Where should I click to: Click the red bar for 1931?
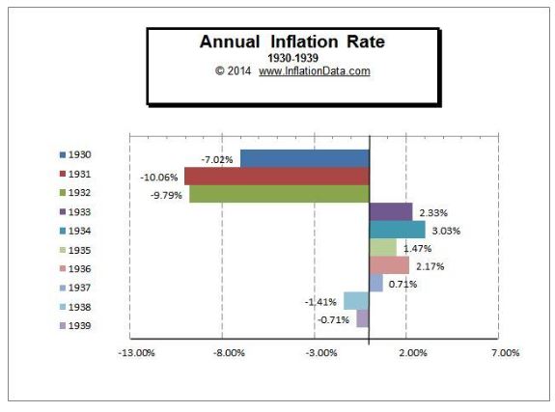pos(276,177)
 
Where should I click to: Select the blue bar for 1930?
pos(304,158)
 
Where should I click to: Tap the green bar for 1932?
pos(279,194)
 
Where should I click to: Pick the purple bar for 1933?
pos(391,211)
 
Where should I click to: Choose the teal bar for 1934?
pos(397,230)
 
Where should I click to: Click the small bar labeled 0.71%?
pos(376,283)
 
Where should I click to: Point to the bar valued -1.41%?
pos(356,300)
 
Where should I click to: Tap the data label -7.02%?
pos(216,159)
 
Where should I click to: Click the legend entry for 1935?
pos(78,249)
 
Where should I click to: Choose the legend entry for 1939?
pos(78,325)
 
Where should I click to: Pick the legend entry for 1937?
pos(78,287)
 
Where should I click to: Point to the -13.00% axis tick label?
pos(136,352)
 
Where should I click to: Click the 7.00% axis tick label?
pos(504,352)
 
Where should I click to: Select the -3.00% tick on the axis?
pos(320,352)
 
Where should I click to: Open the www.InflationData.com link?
pos(315,71)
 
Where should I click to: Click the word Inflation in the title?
pos(300,42)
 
